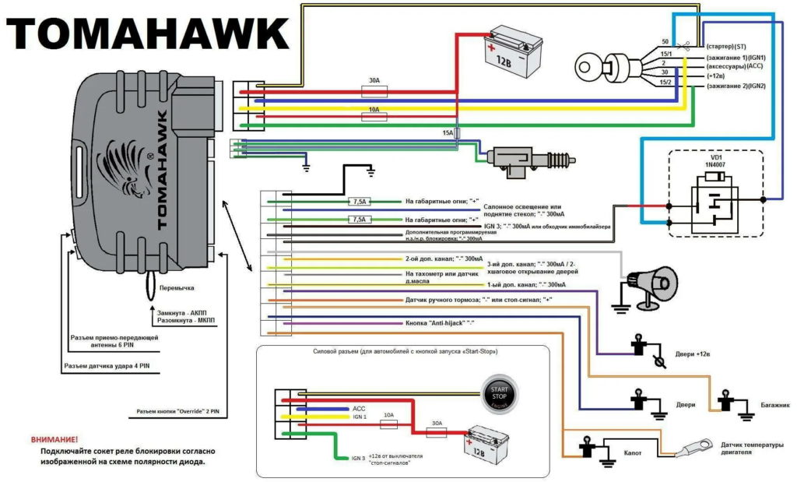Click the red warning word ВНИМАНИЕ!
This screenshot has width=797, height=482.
click(55, 440)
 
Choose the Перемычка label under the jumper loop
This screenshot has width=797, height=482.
click(177, 287)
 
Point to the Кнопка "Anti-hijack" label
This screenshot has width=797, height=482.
click(440, 322)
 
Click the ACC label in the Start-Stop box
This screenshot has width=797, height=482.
click(359, 408)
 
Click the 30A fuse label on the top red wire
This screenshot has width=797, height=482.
click(374, 81)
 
